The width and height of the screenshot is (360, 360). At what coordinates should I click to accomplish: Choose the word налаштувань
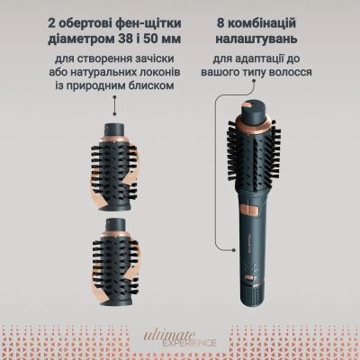tap(256, 40)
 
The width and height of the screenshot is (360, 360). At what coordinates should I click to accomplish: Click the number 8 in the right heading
tap(220, 23)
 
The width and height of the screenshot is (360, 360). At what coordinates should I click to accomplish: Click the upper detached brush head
tap(114, 167)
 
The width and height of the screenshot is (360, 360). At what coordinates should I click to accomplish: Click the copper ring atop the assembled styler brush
tap(255, 123)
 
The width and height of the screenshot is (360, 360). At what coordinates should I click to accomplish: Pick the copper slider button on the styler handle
tap(247, 209)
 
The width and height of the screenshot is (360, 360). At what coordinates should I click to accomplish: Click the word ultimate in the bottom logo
tap(170, 334)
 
